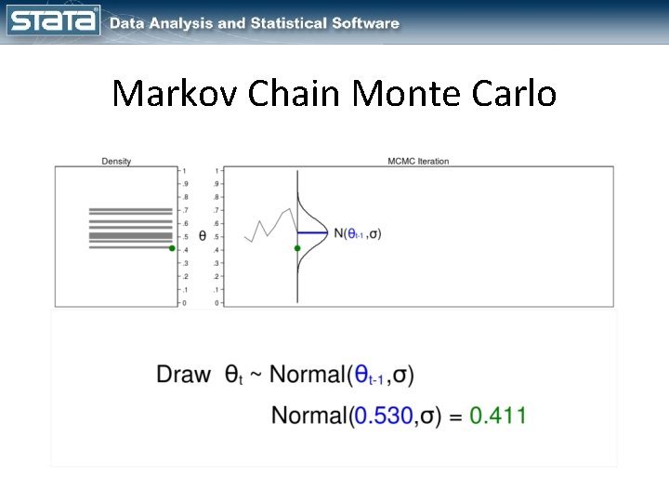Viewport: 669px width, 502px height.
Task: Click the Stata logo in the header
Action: (53, 21)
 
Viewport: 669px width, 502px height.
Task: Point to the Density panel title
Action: (116, 161)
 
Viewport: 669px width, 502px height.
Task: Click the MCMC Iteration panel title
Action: (417, 161)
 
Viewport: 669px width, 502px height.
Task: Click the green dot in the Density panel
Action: (172, 248)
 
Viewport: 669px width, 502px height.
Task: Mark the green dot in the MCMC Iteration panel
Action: (297, 248)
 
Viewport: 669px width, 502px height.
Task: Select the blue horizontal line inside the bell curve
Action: (313, 231)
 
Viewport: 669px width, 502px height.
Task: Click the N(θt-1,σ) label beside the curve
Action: (357, 233)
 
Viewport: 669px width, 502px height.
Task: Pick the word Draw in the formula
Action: (183, 375)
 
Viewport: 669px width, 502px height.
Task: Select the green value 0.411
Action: (497, 416)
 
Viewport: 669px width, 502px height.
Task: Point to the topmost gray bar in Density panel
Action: (130, 210)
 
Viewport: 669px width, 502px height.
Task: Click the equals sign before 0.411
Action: (454, 416)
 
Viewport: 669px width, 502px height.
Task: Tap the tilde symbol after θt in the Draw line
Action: (256, 376)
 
